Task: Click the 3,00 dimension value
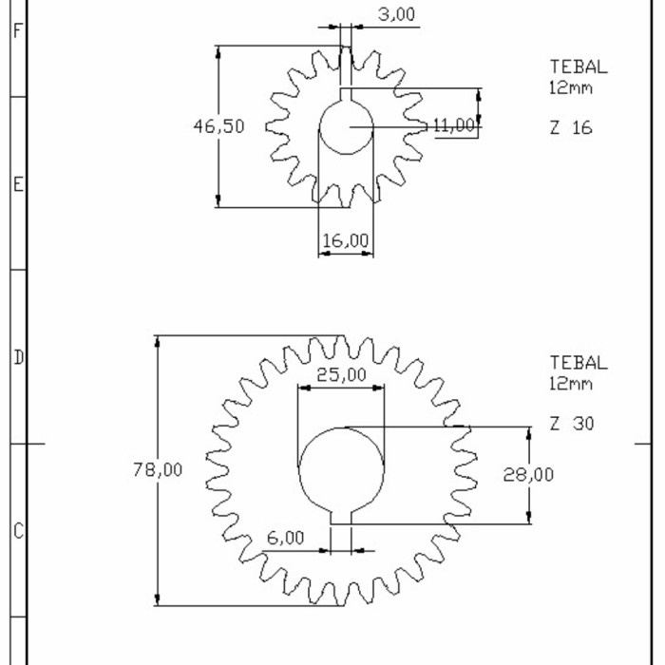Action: coord(396,14)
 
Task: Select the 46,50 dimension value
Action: coord(218,126)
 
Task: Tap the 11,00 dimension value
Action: coord(452,125)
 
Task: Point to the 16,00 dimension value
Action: coord(345,241)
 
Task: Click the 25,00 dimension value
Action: coord(341,375)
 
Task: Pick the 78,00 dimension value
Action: coord(158,469)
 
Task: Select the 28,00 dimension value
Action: coord(528,475)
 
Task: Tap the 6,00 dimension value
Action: coord(285,538)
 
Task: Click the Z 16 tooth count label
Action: coord(570,127)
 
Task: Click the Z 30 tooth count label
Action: coord(572,424)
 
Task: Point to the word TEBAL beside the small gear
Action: coord(578,66)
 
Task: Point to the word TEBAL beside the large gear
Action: coord(578,363)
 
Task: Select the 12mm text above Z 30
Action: coord(570,384)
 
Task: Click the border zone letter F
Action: coord(16,29)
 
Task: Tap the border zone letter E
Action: coord(16,184)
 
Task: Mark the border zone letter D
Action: coord(16,358)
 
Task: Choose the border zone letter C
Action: coord(16,531)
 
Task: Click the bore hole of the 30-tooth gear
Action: coord(342,469)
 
